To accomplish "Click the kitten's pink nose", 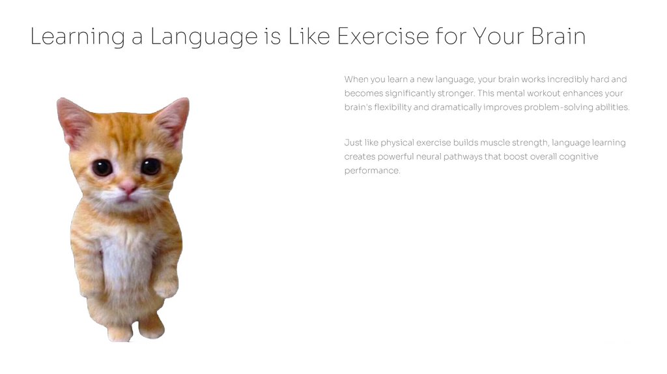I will (x=128, y=188).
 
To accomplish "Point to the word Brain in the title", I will (x=558, y=36).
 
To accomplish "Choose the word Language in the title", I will (x=204, y=36).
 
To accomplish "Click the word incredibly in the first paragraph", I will (x=567, y=79).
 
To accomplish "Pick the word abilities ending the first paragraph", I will (x=613, y=108).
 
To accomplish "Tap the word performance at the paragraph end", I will (x=372, y=171).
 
